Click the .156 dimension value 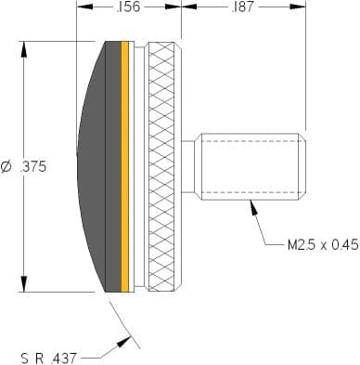point(129,7)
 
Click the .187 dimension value point(242,7)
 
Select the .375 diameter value point(33,167)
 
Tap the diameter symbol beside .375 point(6,167)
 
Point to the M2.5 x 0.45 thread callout point(323,245)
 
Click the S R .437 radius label point(48,358)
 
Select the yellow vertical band point(124,166)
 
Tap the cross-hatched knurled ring point(164,166)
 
